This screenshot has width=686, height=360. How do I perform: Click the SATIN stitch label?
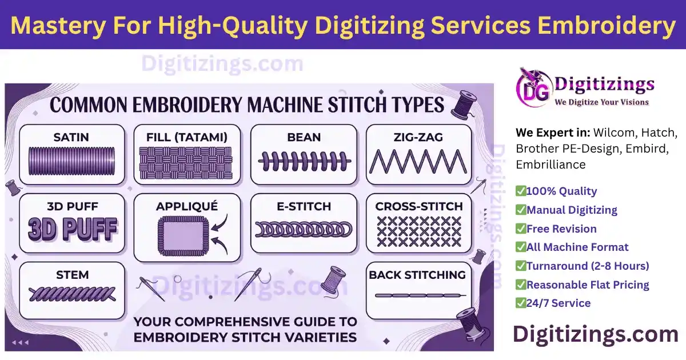(x=71, y=137)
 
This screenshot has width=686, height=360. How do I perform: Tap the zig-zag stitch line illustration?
(x=418, y=161)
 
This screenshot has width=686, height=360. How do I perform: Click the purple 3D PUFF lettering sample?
(x=72, y=230)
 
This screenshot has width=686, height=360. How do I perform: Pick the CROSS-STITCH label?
(x=419, y=206)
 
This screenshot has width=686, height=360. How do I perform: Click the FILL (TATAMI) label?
(x=186, y=137)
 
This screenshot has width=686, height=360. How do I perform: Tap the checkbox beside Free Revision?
(x=520, y=229)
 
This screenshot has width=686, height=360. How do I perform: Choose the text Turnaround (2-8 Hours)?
(x=588, y=266)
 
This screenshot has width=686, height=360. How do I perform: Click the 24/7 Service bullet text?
(x=559, y=303)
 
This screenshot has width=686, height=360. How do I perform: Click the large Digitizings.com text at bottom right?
(x=595, y=334)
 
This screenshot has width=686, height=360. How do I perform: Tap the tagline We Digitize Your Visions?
(x=602, y=102)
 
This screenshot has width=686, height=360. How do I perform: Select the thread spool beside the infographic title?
(x=464, y=102)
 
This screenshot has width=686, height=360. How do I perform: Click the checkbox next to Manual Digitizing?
(x=520, y=210)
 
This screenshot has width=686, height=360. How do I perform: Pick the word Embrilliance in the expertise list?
(x=551, y=165)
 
